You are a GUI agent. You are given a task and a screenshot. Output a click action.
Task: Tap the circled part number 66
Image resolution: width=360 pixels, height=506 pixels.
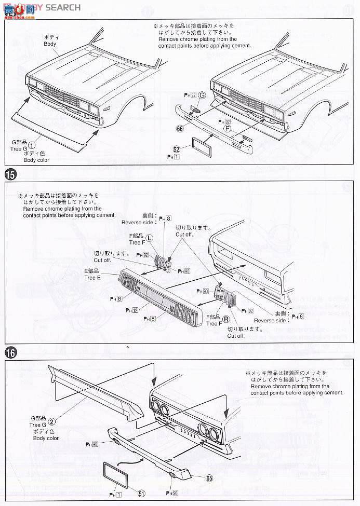tap(180, 128)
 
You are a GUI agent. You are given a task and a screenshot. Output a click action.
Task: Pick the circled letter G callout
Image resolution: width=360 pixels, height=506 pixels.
tap(202, 95)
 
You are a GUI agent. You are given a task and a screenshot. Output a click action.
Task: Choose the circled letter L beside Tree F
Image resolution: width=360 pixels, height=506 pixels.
tap(149, 238)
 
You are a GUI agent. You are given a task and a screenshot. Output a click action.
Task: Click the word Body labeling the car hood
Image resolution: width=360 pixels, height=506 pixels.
tap(50, 45)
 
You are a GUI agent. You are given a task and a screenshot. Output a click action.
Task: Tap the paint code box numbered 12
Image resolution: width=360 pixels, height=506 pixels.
tap(135, 310)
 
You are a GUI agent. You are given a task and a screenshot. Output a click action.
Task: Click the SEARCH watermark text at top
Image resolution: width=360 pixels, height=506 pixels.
tap(63, 7)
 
